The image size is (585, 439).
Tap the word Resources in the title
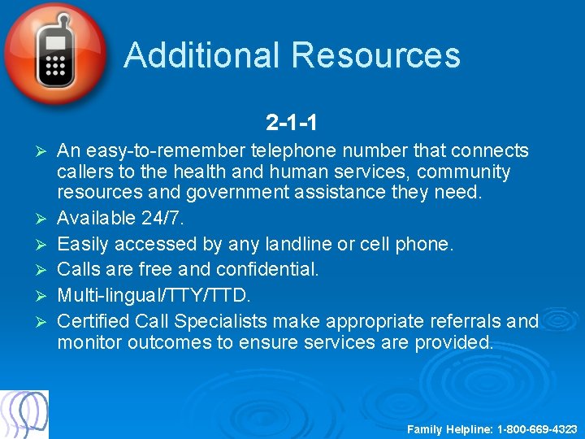pos(375,55)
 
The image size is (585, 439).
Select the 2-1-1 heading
pos(291,123)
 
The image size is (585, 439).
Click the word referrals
pos(470,321)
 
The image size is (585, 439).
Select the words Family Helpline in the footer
pos(448,428)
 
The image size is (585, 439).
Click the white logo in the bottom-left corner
pos(24,415)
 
